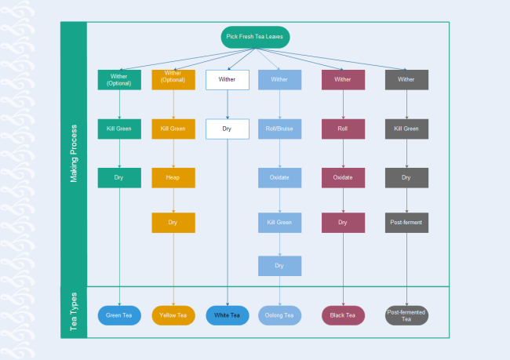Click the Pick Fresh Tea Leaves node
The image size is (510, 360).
pos(255,38)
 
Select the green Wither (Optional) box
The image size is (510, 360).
pos(119,80)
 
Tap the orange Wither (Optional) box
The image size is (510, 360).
pos(173,80)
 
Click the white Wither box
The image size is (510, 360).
pos(227,80)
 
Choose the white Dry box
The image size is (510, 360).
pos(227,129)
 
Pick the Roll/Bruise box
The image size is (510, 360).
pos(279,129)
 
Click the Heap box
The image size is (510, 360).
pos(173,178)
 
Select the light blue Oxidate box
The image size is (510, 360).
pos(279,178)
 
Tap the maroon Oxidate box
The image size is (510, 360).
pos(343,178)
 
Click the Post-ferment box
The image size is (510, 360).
pos(406,223)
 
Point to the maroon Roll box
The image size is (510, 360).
pos(343,129)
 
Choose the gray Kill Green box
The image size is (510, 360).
pos(406,129)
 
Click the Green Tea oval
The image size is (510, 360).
pos(119,315)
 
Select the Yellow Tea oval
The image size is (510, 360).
pos(173,315)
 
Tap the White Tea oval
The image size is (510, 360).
pos(227,315)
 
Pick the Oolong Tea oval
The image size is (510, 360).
pos(279,315)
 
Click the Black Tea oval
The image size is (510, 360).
pos(343,315)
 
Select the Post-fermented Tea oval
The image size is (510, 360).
pos(406,315)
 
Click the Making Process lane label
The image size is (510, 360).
pos(74,154)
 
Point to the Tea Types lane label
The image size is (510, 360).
pos(74,312)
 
